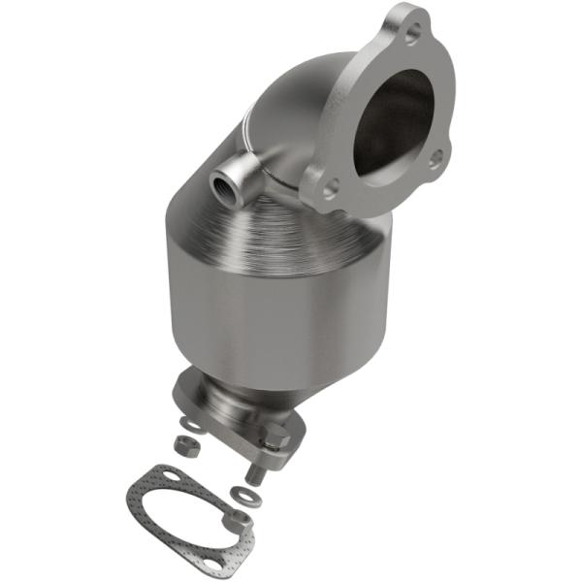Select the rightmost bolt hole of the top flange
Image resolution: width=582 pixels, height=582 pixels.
pyautogui.click(x=436, y=154)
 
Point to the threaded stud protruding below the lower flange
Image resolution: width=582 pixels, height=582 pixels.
pyautogui.click(x=254, y=473)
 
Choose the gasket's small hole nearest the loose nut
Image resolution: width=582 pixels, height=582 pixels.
pyautogui.click(x=172, y=476)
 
